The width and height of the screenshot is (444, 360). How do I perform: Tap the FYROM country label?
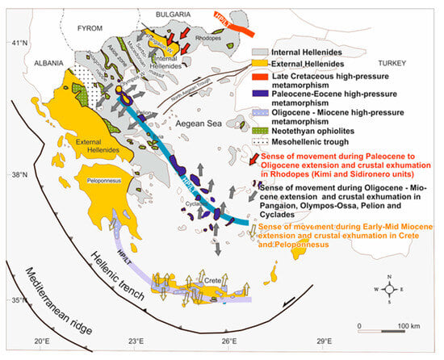(x=91, y=27)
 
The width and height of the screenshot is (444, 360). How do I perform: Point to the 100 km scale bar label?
(x=403, y=324)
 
